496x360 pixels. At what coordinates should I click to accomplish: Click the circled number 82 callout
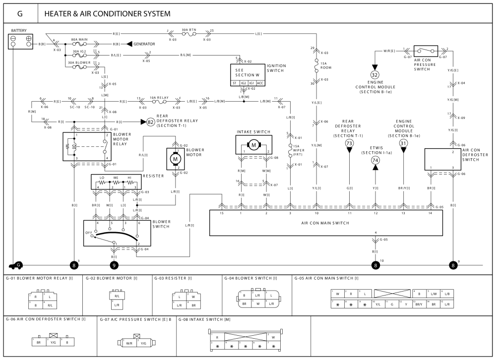pos(150,121)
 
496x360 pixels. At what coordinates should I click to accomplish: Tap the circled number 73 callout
pos(349,143)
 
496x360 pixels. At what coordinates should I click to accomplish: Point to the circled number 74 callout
pos(375,160)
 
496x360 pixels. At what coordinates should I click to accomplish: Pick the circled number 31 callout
pos(403,143)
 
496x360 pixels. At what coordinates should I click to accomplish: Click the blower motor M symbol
pos(175,159)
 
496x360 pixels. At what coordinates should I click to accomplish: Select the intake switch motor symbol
pos(254,145)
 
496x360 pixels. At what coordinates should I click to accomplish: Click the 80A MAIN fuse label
pos(80,39)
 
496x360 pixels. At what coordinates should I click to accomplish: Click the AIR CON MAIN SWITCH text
pos(325,223)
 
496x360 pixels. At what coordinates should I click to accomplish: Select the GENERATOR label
pos(144,44)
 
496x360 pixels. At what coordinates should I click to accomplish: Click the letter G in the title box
pos(20,13)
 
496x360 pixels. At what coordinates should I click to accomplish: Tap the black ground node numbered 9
pos(114,265)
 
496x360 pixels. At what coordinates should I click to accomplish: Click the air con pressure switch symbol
pos(427,50)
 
